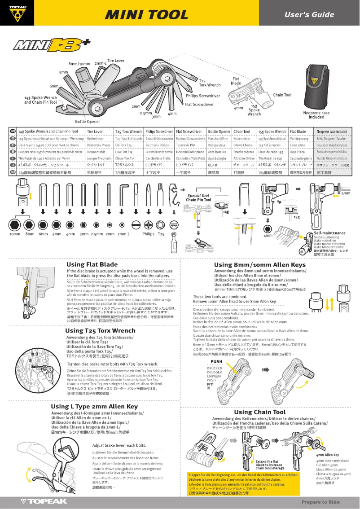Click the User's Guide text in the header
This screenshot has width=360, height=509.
pos(309,14)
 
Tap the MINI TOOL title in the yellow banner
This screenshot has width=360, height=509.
pos(146,14)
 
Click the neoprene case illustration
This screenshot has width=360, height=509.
pos(316,86)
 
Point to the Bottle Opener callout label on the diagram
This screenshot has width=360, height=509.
pos(88,122)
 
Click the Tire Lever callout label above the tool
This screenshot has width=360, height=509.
pos(116,61)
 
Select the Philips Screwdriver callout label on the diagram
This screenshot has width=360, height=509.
pos(203,96)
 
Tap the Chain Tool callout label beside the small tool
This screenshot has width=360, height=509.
pos(282,95)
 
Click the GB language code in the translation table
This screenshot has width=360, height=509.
pos(13,132)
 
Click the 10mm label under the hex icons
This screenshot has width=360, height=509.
pos(15,234)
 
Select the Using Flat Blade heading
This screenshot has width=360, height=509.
pos(92,265)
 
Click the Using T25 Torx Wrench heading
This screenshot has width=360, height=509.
pos(100,331)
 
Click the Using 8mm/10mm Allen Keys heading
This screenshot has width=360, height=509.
pos(259,265)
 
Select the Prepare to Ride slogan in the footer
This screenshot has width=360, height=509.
pos(320,502)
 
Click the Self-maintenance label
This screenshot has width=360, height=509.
pos(329,233)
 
